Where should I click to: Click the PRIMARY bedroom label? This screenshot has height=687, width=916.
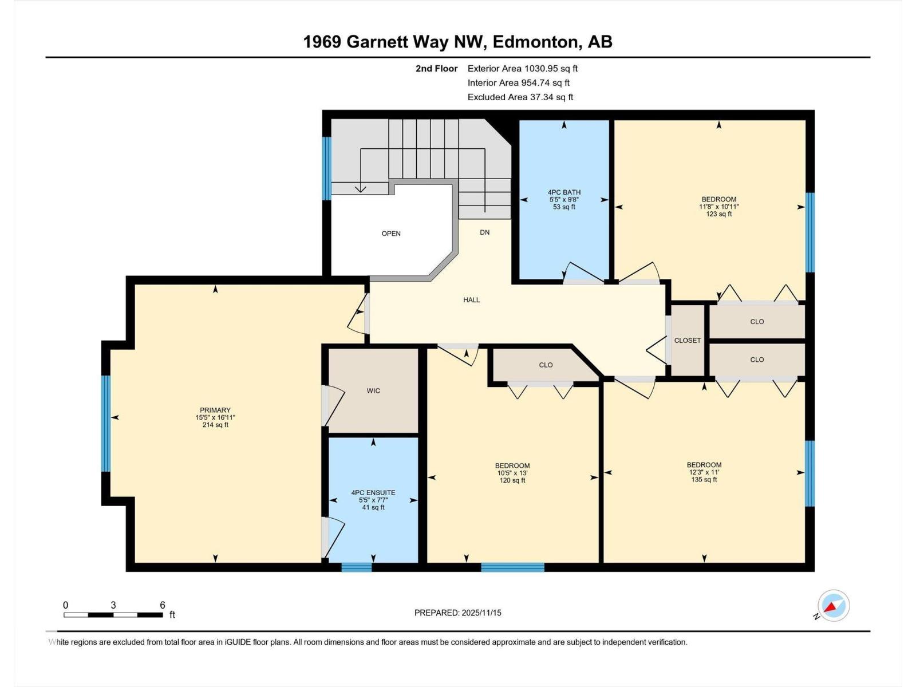[x=215, y=410]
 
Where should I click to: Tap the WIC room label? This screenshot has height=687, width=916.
[x=373, y=391]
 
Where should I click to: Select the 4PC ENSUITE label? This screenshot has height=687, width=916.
[x=373, y=492]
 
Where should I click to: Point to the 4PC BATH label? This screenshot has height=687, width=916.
[x=564, y=192]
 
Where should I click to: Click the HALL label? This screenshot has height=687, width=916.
[x=472, y=300]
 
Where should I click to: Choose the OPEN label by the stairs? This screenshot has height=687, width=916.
[x=391, y=234]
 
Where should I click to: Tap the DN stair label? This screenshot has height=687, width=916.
[x=485, y=232]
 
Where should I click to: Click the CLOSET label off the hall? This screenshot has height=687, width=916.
[x=688, y=341]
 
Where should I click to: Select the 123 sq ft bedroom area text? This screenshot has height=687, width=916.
[x=719, y=214]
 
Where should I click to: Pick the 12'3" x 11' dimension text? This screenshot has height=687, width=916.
[x=704, y=472]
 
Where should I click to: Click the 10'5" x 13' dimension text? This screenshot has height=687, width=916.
[x=512, y=473]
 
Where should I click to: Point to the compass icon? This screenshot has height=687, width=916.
[x=834, y=606]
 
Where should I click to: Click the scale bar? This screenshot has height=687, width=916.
[x=113, y=615]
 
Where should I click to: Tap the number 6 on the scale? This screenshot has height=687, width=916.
[x=163, y=605]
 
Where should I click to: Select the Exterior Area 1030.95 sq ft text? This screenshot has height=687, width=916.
[x=522, y=69]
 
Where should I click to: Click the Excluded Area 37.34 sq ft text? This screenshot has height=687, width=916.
[x=520, y=97]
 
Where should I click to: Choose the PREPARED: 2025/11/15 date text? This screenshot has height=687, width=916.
[x=457, y=613]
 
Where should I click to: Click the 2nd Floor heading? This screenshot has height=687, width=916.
[x=436, y=69]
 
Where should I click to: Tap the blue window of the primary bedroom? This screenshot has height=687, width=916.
[x=105, y=423]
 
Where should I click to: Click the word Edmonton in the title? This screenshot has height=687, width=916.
[x=536, y=42]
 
